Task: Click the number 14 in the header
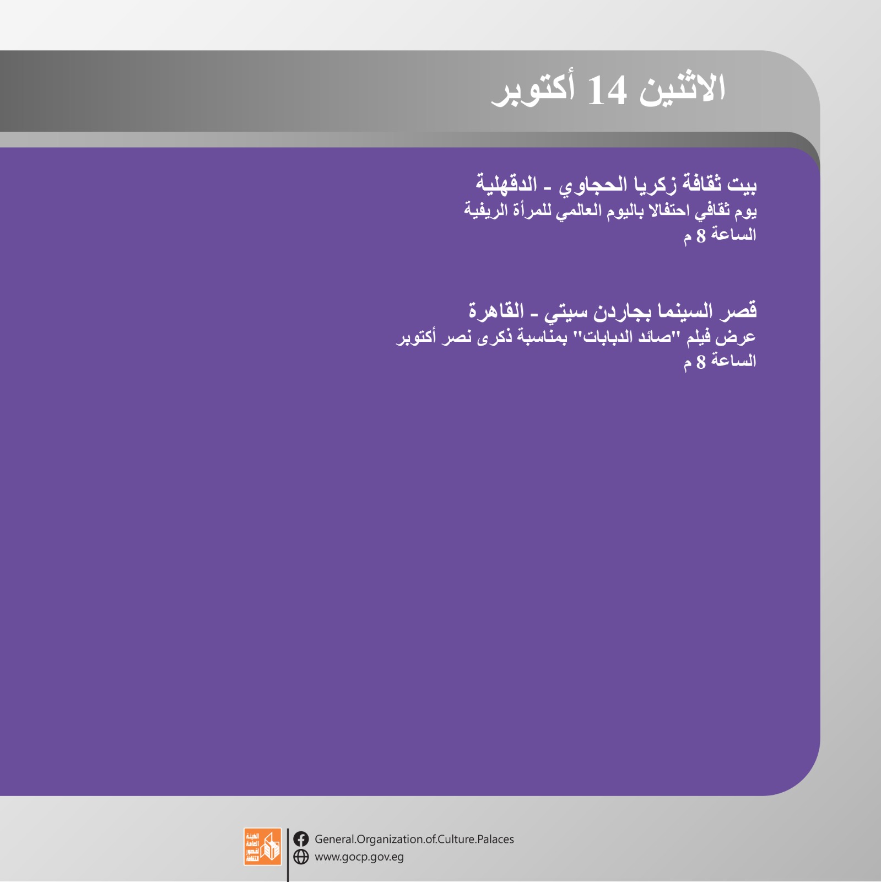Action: click(607, 91)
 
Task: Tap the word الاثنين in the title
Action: click(682, 88)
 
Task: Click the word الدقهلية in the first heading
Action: click(506, 183)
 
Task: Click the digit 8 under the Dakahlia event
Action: click(701, 236)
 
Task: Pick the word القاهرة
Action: click(496, 310)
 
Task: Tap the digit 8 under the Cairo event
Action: click(701, 362)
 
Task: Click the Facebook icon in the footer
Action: click(301, 839)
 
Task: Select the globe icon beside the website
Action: click(301, 857)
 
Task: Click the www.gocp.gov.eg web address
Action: click(359, 857)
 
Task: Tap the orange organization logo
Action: click(262, 847)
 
